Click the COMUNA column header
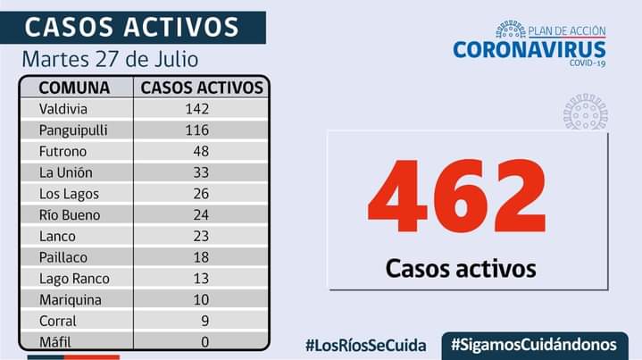click(75, 88)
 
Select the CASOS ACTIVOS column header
click(203, 88)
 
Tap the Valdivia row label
click(64, 109)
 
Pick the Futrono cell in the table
click(62, 152)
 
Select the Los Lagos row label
click(69, 194)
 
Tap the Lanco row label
click(57, 237)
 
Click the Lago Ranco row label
click(73, 279)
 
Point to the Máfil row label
click(55, 342)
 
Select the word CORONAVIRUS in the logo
click(529, 50)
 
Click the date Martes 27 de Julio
click(111, 60)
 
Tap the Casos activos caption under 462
click(461, 268)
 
